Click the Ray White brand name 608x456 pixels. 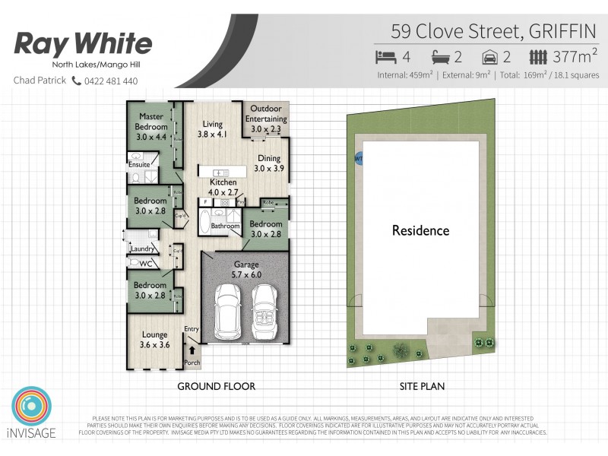[x=83, y=43]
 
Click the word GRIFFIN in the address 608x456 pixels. [x=562, y=32]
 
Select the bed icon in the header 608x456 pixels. [x=386, y=57]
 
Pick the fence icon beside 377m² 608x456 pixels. [x=538, y=57]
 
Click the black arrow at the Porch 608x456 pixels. [x=192, y=350]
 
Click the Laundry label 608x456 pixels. [x=143, y=249]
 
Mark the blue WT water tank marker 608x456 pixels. [x=358, y=158]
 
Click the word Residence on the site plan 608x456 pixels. [x=420, y=230]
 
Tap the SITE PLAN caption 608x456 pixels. [x=422, y=386]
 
